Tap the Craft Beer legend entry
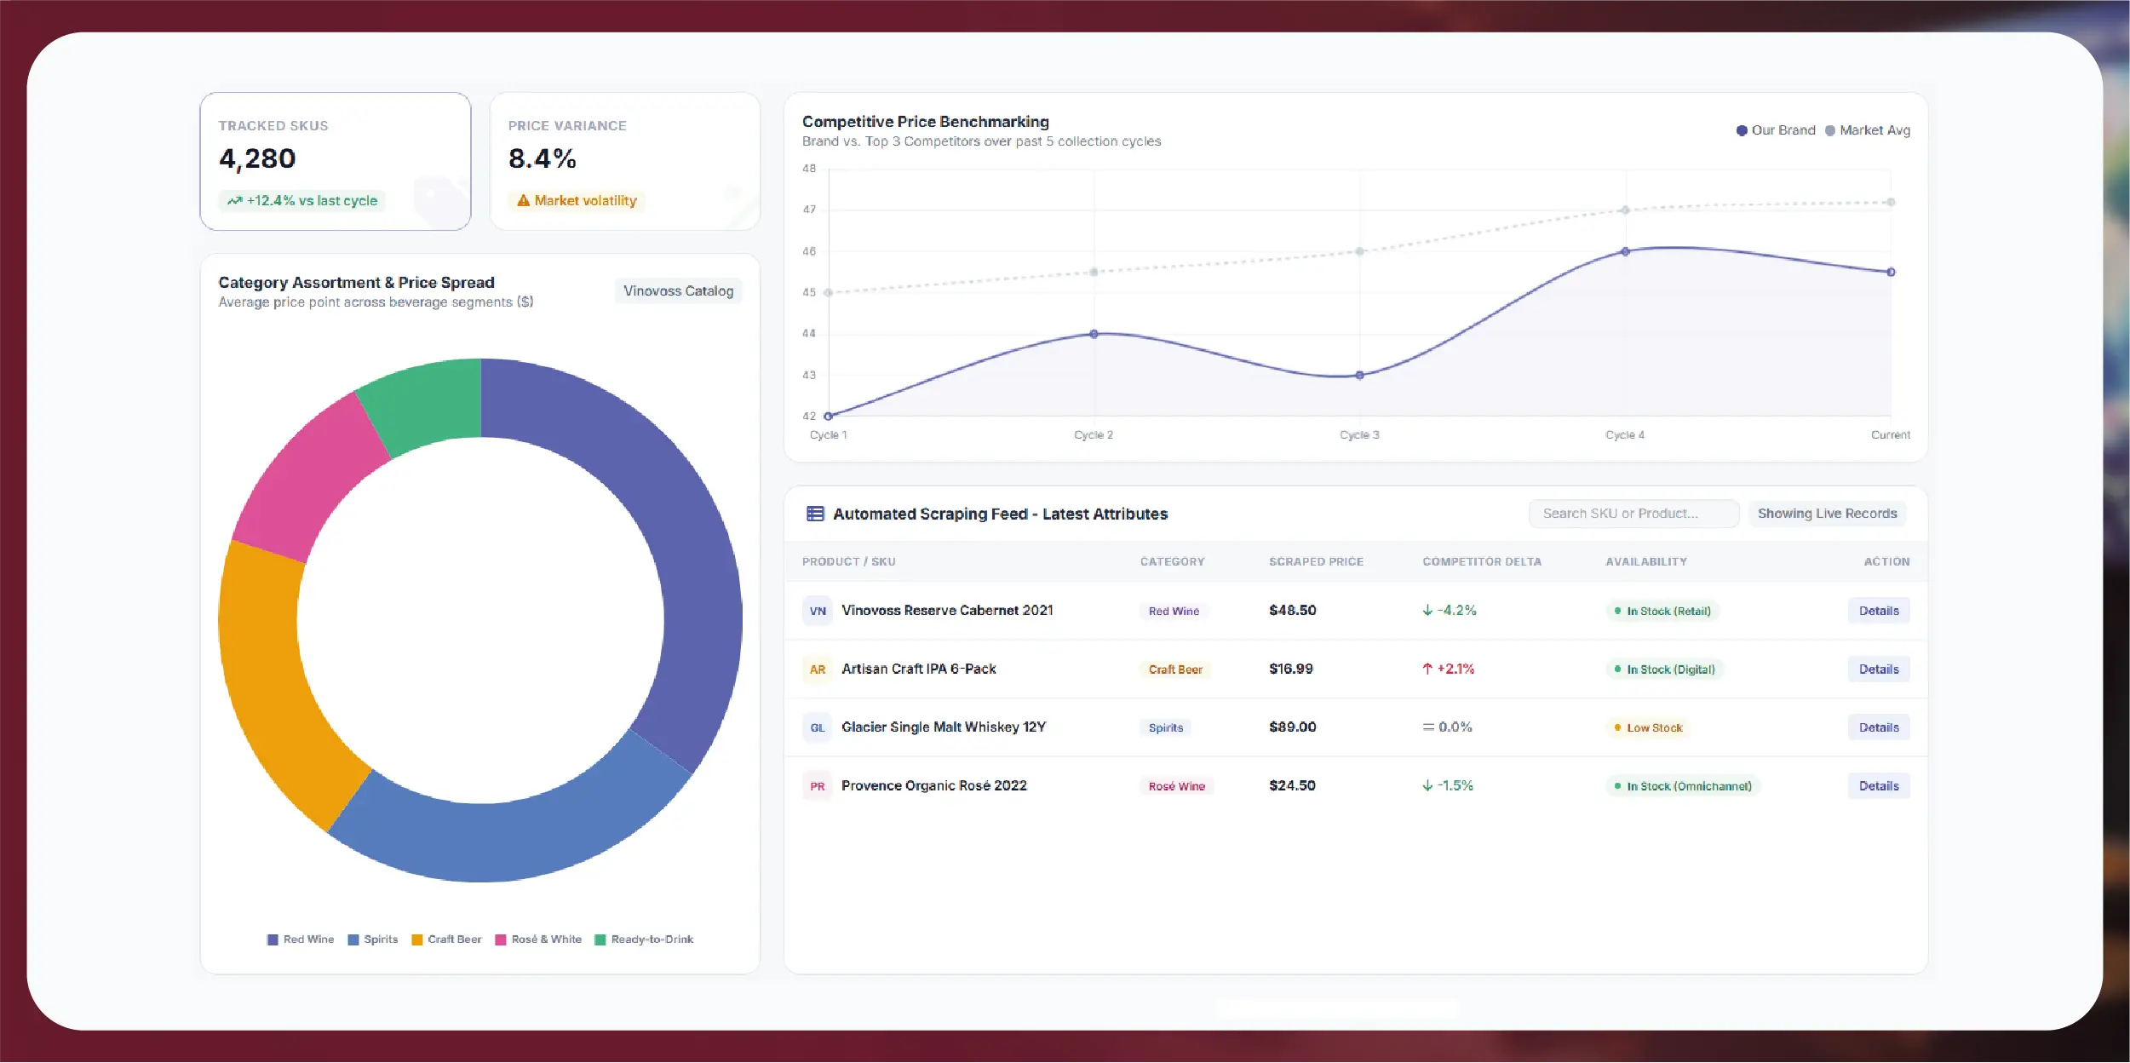click(x=446, y=939)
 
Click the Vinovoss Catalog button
click(x=678, y=291)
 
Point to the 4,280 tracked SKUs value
click(x=257, y=159)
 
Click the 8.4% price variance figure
click(x=543, y=159)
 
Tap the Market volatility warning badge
click(x=577, y=201)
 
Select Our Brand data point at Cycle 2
click(x=1094, y=334)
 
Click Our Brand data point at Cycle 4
click(x=1625, y=251)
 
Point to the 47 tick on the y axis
click(x=809, y=210)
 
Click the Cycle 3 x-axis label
click(x=1359, y=435)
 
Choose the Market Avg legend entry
click(x=1868, y=130)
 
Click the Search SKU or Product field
click(x=1633, y=514)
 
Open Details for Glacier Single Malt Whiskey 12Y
click(x=1879, y=727)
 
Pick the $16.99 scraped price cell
click(x=1291, y=669)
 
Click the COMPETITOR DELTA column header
click(x=1482, y=562)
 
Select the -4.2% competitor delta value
click(x=1450, y=611)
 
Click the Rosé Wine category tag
click(x=1176, y=786)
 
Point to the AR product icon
click(x=818, y=669)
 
